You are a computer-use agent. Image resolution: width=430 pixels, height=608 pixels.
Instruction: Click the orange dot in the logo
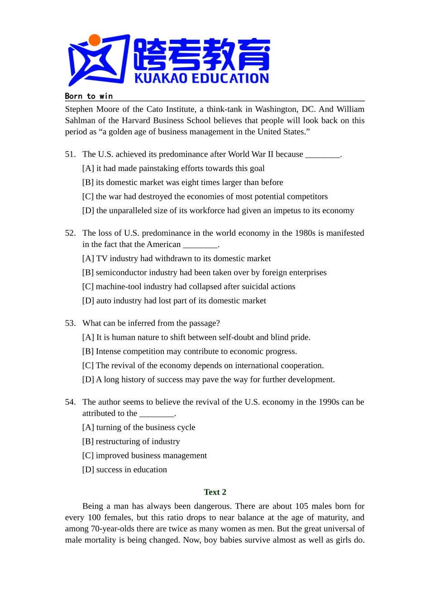pyautogui.click(x=95, y=41)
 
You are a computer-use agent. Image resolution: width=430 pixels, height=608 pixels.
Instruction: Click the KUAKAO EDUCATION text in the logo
pyautogui.click(x=201, y=78)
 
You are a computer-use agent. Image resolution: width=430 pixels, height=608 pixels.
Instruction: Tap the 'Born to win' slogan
pyautogui.click(x=89, y=96)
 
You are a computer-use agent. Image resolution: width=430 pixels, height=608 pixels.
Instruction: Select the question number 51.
pyautogui.click(x=70, y=154)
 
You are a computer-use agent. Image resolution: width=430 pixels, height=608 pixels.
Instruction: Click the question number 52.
pyautogui.click(x=70, y=233)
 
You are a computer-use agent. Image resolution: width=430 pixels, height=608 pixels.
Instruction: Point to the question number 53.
pyautogui.click(x=70, y=323)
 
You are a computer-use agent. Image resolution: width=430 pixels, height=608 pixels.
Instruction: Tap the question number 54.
pyautogui.click(x=70, y=402)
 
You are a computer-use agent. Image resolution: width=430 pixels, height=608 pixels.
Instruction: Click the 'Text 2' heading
pyautogui.click(x=215, y=492)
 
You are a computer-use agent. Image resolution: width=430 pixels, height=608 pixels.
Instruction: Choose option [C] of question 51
pyautogui.click(x=205, y=196)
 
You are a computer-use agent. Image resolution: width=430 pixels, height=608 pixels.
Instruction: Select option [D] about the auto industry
pyautogui.click(x=174, y=300)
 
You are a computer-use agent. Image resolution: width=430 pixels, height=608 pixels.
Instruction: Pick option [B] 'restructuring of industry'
pyautogui.click(x=131, y=441)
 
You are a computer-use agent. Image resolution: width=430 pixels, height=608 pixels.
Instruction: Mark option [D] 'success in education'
pyautogui.click(x=124, y=470)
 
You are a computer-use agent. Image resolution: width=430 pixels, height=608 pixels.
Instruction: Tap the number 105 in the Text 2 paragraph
pyautogui.click(x=301, y=506)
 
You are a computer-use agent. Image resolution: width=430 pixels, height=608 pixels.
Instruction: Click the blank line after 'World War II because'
pyautogui.click(x=323, y=155)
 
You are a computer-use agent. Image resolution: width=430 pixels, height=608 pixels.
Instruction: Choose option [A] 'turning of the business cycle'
pyautogui.click(x=139, y=427)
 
